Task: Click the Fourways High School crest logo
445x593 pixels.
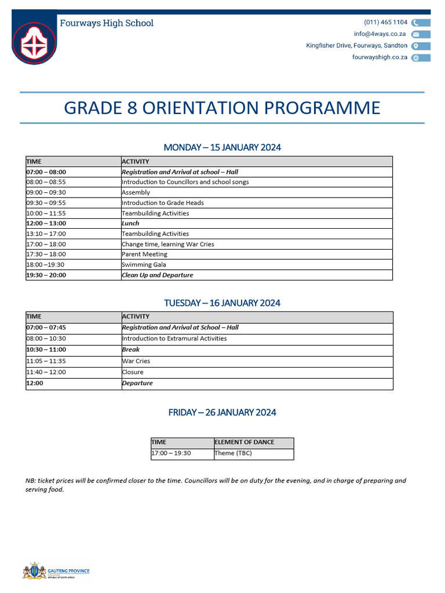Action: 34,42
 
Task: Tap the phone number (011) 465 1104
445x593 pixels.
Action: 385,23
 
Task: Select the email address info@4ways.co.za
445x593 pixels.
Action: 380,34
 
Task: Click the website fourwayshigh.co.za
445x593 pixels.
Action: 380,57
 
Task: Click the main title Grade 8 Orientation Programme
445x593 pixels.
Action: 222,108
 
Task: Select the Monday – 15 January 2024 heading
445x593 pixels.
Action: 222,147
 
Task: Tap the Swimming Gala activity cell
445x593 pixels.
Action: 144,265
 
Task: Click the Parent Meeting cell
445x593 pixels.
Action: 144,254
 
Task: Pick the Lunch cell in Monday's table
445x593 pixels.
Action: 130,223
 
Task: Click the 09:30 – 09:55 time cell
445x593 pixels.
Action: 46,203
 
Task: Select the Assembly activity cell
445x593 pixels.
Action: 136,192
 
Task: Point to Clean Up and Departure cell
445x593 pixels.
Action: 157,275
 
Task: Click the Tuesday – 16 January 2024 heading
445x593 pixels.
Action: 222,303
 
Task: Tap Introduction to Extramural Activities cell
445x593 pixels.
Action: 174,338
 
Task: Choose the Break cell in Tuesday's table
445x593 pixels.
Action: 130,349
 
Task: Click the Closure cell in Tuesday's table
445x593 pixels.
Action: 132,372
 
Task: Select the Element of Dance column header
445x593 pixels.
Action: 244,442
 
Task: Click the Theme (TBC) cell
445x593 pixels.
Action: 233,453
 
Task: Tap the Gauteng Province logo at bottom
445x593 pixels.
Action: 56,571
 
